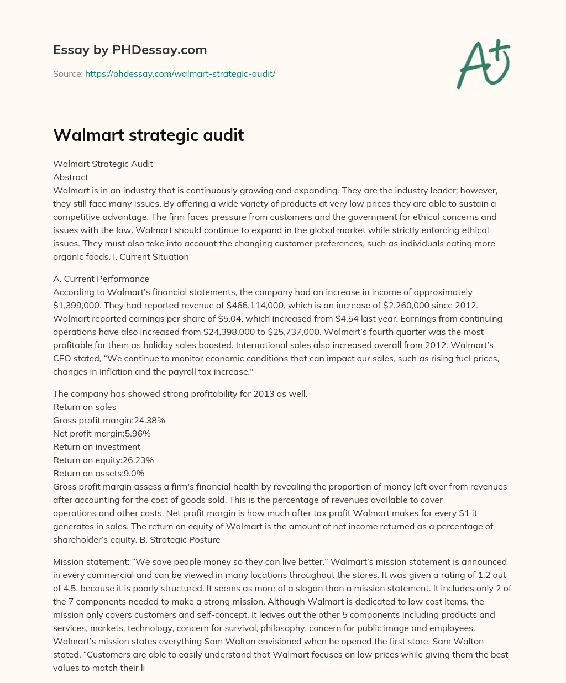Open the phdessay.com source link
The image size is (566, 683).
coord(180,73)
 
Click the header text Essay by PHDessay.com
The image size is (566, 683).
coord(130,50)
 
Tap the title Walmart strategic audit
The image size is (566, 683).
coord(148,135)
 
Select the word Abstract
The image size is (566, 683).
coord(71,177)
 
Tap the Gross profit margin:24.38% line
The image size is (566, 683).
coord(109,420)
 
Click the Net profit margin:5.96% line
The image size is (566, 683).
coord(102,433)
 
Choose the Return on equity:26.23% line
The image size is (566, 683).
coord(103,460)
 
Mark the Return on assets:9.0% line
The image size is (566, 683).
coord(98,473)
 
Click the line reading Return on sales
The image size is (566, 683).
coord(85,407)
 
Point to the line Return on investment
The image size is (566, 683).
coord(97,446)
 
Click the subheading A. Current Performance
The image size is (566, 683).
coord(101,279)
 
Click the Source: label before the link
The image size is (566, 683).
coord(67,73)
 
